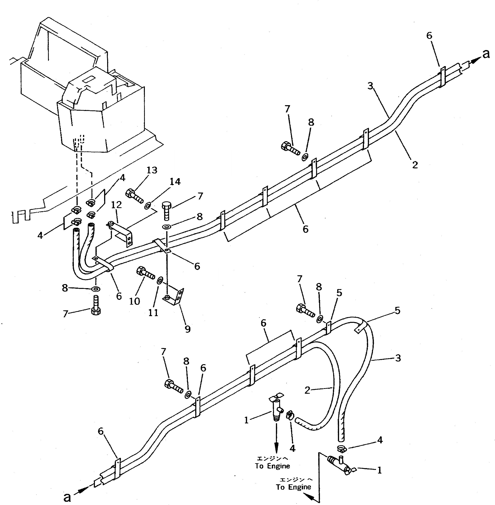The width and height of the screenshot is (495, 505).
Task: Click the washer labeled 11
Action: click(x=160, y=281)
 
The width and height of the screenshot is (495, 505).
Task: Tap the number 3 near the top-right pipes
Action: click(x=370, y=85)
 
